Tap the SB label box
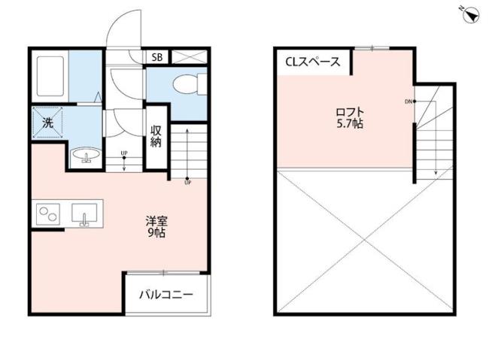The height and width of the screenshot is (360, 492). coord(156,57)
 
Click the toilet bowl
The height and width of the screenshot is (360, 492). coord(185,85)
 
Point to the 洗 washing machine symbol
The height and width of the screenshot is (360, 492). coord(48,124)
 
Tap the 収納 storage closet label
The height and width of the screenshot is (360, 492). coord(156,136)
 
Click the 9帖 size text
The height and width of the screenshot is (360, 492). coord(157,234)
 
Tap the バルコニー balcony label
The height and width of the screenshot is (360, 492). coord(166,295)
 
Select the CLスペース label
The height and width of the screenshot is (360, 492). coord(312,62)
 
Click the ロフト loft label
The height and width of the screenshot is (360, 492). coord(350,113)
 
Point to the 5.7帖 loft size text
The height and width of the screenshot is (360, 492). coord(350,125)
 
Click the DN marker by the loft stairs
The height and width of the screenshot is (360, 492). coord(408,101)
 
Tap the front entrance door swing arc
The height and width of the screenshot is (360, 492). coord(123,30)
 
